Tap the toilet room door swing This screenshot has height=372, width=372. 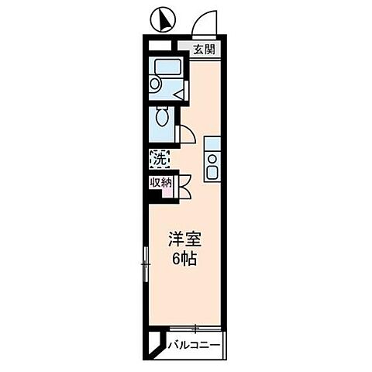186,133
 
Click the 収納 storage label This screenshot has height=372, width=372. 161,183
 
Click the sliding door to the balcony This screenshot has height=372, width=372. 195,329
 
